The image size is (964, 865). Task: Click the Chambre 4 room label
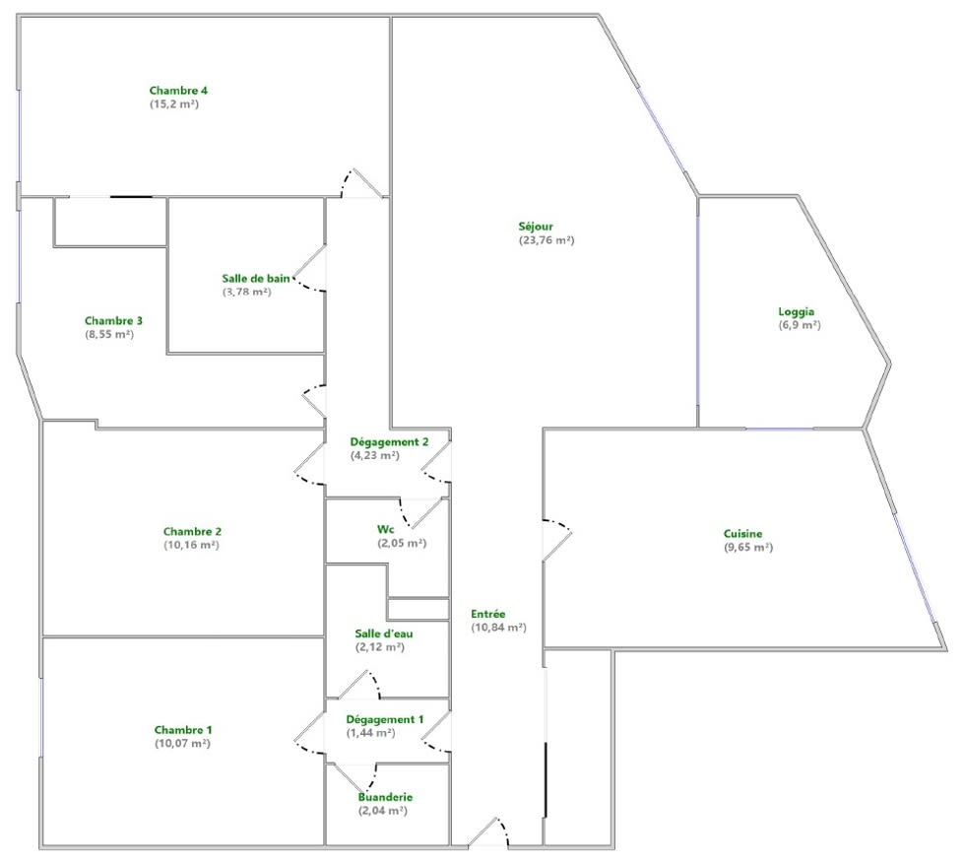(x=178, y=91)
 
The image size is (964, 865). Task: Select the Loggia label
(x=797, y=312)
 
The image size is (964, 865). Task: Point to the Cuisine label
(x=743, y=534)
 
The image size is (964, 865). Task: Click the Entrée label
(x=488, y=614)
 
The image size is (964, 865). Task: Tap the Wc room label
(x=386, y=530)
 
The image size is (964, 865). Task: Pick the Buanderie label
(x=385, y=797)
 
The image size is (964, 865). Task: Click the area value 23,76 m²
(x=546, y=240)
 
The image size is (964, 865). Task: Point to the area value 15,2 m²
(x=174, y=103)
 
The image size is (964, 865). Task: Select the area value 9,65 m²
(x=748, y=547)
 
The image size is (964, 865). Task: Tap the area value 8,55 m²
(x=109, y=334)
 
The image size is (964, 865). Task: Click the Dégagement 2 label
(x=389, y=442)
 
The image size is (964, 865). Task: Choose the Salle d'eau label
(x=384, y=633)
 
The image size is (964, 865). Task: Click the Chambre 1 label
(x=183, y=730)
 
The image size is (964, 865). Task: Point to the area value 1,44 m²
(x=371, y=733)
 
